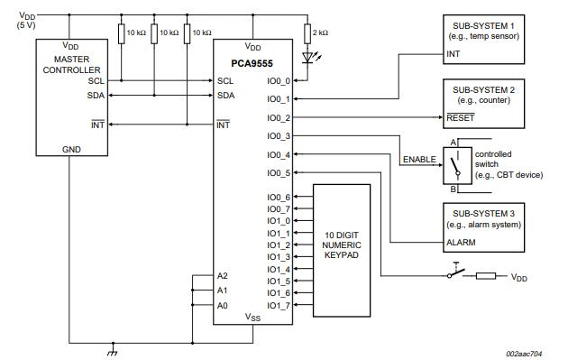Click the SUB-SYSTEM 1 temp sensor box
coord(483,39)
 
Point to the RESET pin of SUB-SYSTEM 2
coord(460,117)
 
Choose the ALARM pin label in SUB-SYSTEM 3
coord(461,243)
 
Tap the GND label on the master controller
coord(45,149)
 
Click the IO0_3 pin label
coord(279,136)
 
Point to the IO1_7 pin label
coord(279,305)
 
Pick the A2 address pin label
coord(223,275)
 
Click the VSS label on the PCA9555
coord(252,317)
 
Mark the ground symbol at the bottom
coord(113,348)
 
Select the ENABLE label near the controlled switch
coord(418,160)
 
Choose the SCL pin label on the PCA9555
coord(225,79)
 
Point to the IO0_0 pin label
coord(279,79)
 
